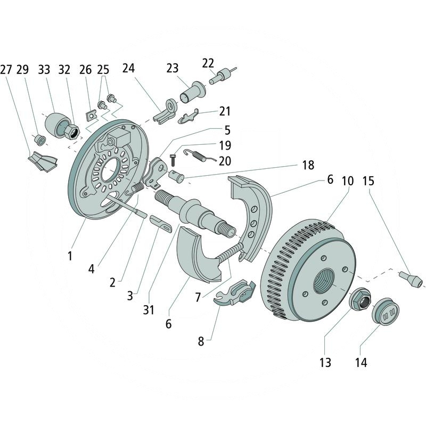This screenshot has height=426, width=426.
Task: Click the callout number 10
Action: pyautogui.click(x=347, y=181)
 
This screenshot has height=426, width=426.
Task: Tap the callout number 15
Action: pyautogui.click(x=368, y=181)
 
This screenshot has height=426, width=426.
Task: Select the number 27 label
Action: pyautogui.click(x=6, y=70)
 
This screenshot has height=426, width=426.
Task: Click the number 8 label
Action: pyautogui.click(x=201, y=341)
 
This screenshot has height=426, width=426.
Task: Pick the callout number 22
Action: pyautogui.click(x=208, y=63)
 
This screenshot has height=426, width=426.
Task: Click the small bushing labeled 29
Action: pyautogui.click(x=39, y=140)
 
